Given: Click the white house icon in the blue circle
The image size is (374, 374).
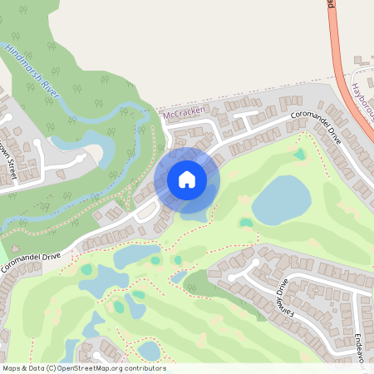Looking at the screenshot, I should tap(187, 179).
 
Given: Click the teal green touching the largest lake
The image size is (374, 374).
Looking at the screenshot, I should tap(246, 223).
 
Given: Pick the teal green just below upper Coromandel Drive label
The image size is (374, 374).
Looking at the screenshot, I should tap(299, 154).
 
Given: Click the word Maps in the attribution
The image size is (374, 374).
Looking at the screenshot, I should tap(12, 368).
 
